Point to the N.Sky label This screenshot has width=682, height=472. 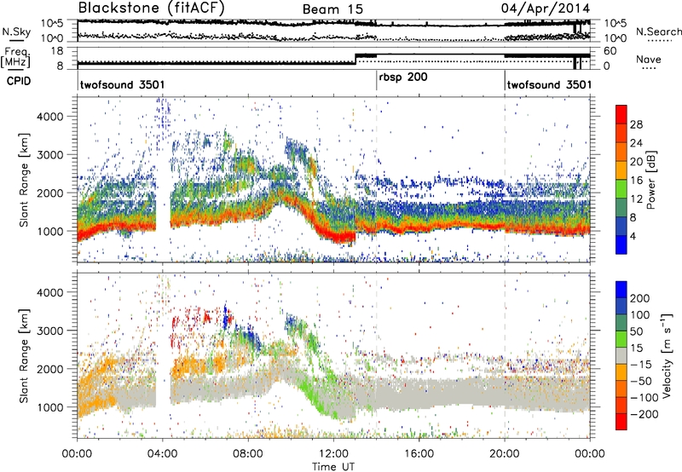pos(14,32)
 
